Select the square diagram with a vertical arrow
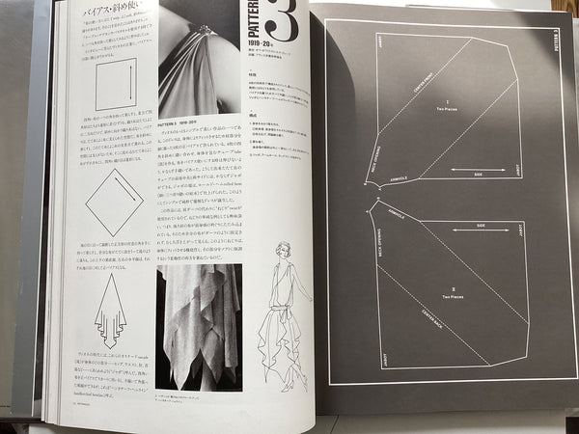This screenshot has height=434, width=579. pyautogui.click(x=116, y=86)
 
